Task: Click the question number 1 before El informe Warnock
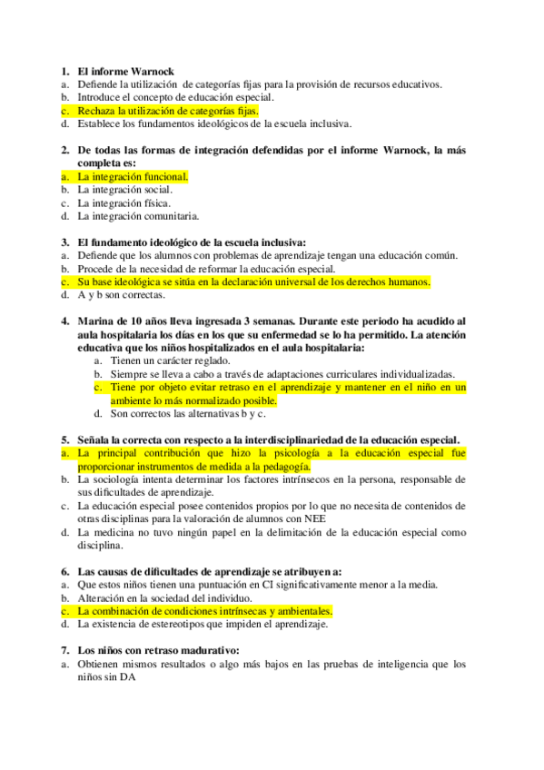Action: coord(64,71)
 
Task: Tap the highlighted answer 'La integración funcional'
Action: coord(133,176)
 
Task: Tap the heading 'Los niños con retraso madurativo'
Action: coord(158,650)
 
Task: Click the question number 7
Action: coord(64,650)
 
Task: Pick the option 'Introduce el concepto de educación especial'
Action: coord(175,97)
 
